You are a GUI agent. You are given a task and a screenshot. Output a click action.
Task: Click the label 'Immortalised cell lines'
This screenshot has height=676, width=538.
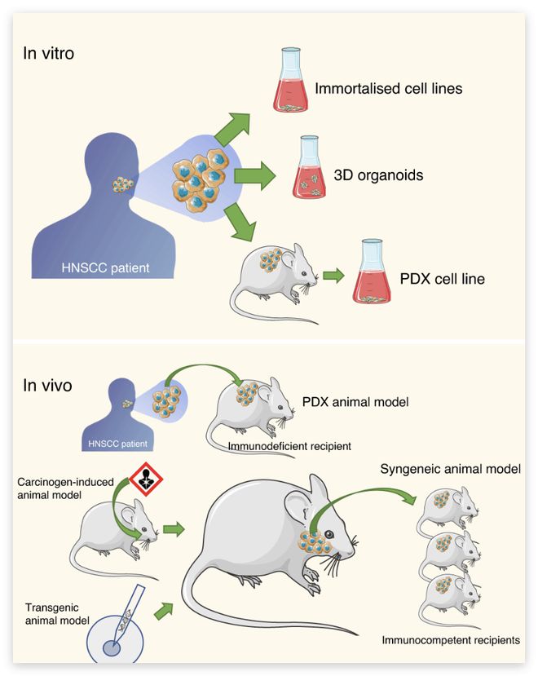pos(389,87)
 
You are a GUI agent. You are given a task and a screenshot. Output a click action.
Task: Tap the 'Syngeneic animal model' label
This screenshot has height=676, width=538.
pos(450,471)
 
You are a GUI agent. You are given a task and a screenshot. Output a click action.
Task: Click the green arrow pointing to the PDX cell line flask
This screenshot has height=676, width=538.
pos(331,276)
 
